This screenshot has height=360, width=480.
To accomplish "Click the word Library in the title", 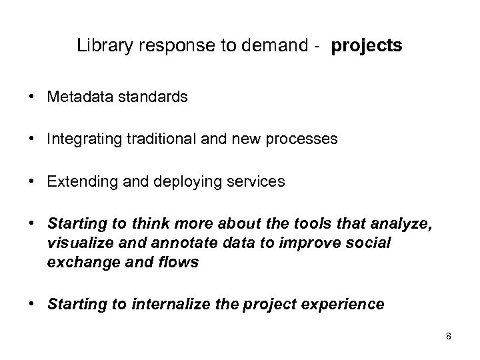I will tap(101, 46).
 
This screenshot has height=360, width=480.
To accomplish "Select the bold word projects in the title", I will tap(366, 47).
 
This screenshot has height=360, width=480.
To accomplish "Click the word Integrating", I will tap(82, 139).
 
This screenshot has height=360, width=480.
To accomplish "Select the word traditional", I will tap(159, 139).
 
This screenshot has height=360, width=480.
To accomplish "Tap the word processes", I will tap(303, 139).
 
